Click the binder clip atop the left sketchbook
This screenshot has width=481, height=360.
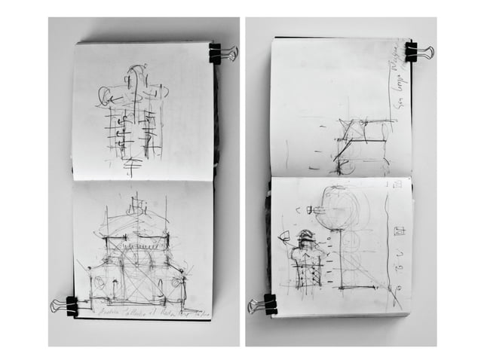click(218, 53)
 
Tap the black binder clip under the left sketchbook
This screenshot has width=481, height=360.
click(69, 306)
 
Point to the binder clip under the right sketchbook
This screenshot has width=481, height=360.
click(267, 304)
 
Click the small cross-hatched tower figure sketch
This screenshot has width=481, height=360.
click(306, 260)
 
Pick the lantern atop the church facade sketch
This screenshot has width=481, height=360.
click(136, 205)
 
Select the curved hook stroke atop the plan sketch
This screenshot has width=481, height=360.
click(136, 74)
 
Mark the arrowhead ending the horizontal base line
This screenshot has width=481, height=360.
click(394, 289)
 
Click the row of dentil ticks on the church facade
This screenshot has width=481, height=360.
click(136, 239)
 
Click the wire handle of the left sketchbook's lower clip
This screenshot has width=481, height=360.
click(57, 306)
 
